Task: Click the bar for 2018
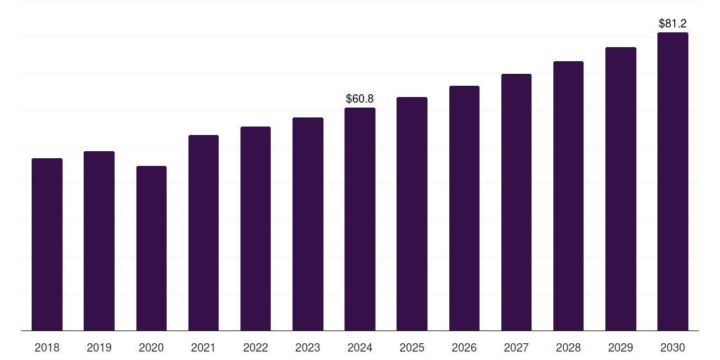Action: tap(47, 245)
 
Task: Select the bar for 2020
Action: tap(151, 248)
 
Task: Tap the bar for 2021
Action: tap(203, 233)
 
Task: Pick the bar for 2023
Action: tap(308, 224)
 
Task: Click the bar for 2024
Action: tap(360, 219)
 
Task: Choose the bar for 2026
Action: tap(464, 208)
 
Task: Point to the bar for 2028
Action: tap(568, 196)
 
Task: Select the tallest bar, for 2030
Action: tap(672, 181)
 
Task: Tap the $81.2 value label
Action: tap(672, 24)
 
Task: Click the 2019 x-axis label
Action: tap(99, 348)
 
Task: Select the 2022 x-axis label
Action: tap(255, 348)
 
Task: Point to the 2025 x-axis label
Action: tap(412, 348)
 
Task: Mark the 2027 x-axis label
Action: tap(516, 348)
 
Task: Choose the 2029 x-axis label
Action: tap(620, 348)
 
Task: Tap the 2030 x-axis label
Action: tap(672, 348)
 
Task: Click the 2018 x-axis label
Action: tap(47, 348)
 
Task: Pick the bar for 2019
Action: tap(99, 241)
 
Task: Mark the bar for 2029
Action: tap(620, 189)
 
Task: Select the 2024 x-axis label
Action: tap(360, 348)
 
